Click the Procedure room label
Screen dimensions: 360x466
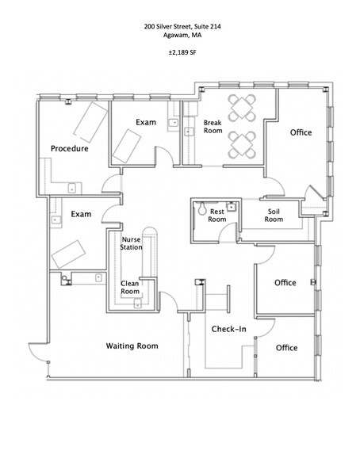[70, 149]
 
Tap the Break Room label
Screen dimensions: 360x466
[213, 127]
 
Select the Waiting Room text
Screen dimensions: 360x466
[132, 346]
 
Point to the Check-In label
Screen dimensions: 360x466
[229, 329]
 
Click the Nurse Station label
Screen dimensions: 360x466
[131, 243]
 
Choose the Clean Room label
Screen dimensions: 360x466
[130, 288]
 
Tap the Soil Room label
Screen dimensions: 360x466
[274, 216]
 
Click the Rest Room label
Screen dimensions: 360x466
[217, 216]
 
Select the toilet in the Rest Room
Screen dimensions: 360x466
[202, 209]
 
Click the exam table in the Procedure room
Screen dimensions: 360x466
[90, 122]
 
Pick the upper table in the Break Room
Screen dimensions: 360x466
[242, 108]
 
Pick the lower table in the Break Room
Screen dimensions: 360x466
[242, 145]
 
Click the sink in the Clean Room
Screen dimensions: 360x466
[138, 304]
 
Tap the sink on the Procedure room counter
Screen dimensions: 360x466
[72, 188]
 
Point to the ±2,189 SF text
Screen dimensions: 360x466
[182, 52]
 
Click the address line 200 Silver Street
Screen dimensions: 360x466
[182, 26]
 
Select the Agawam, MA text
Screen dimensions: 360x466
[182, 35]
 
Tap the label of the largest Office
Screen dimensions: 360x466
[301, 132]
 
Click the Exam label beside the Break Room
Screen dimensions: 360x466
[146, 122]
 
